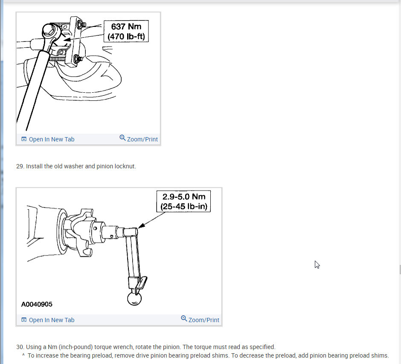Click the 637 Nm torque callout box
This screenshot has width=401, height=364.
click(x=126, y=31)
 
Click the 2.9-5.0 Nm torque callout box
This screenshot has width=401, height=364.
click(x=183, y=201)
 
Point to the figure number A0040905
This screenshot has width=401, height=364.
click(x=37, y=304)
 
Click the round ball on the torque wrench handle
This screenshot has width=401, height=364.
click(x=134, y=299)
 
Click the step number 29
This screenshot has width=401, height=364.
click(x=20, y=166)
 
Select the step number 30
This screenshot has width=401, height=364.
click(x=20, y=347)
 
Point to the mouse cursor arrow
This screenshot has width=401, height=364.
click(x=317, y=264)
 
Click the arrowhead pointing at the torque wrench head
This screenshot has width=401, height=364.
click(x=142, y=226)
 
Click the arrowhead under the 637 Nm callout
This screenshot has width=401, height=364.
click(x=67, y=40)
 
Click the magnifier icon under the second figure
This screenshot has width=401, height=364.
click(x=184, y=319)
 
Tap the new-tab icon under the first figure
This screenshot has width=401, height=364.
click(x=24, y=139)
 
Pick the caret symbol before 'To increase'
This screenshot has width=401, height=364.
click(x=23, y=355)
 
